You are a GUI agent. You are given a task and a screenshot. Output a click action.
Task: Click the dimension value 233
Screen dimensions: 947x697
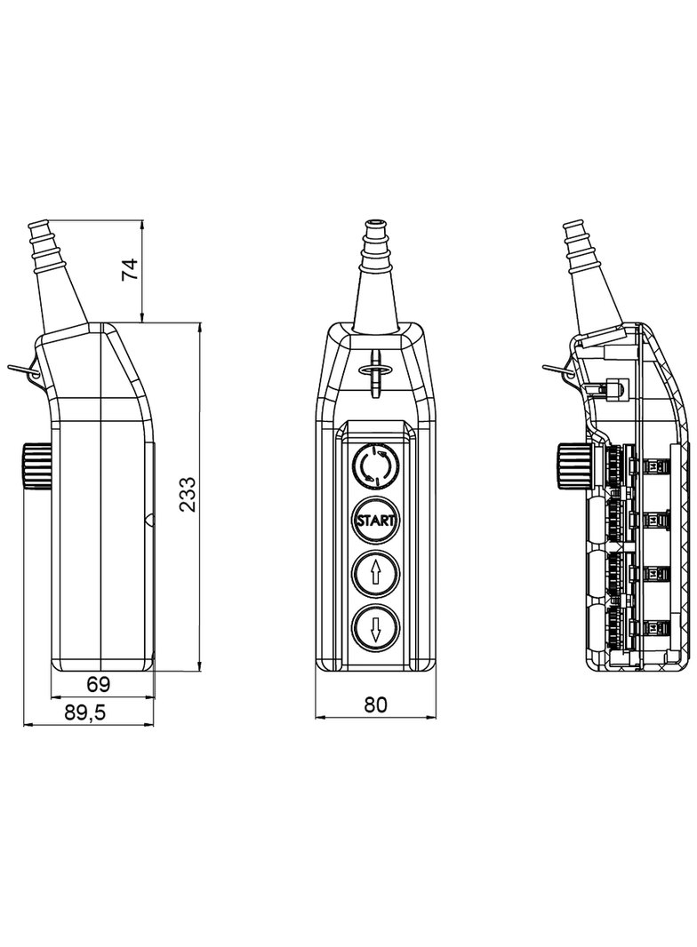(187, 495)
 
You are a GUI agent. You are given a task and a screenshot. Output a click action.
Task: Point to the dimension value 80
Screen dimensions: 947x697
(376, 704)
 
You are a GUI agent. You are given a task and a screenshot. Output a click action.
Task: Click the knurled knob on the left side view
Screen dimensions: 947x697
(34, 465)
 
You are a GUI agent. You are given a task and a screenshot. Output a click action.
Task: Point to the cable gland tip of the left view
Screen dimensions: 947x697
(38, 223)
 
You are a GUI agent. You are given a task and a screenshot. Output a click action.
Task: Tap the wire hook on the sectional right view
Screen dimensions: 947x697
(558, 370)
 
